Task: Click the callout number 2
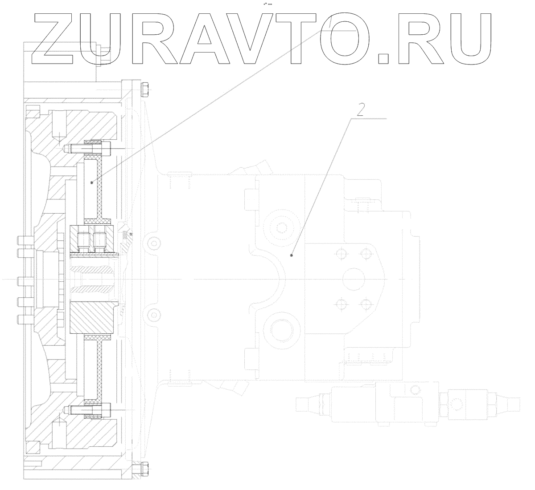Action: pos(360,109)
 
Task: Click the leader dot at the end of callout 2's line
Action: pos(291,255)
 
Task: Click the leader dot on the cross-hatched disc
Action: pos(91,182)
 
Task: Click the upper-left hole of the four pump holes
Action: pos(342,254)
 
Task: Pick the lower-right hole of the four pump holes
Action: pos(367,304)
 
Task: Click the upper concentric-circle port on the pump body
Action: pos(281,227)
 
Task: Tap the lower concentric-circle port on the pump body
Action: pos(281,330)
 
